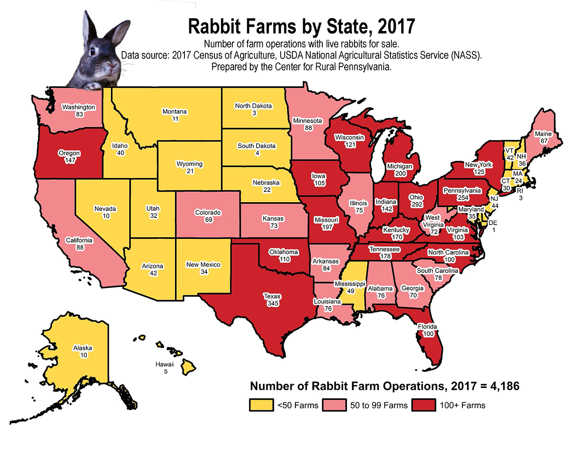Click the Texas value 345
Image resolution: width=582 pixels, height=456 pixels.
(273, 303)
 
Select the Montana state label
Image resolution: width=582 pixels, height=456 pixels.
(175, 111)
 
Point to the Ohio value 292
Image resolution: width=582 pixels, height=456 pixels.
(416, 205)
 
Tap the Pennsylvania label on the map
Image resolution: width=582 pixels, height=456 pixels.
(462, 190)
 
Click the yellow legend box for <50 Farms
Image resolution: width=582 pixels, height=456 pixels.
(261, 405)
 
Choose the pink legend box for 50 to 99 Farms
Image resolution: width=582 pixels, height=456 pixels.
(334, 405)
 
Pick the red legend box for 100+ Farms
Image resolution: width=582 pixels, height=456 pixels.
(424, 405)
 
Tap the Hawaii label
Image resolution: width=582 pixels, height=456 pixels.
(165, 364)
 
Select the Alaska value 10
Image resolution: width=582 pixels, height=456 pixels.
(84, 355)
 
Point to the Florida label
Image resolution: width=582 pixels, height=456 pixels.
(427, 327)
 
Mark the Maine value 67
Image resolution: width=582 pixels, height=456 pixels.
(544, 141)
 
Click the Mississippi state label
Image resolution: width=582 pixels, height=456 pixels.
(350, 284)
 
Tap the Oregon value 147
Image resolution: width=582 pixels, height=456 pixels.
(70, 160)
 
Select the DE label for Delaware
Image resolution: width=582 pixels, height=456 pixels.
(493, 223)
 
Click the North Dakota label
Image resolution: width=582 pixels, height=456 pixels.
(253, 106)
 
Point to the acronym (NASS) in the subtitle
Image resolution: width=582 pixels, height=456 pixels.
(466, 55)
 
